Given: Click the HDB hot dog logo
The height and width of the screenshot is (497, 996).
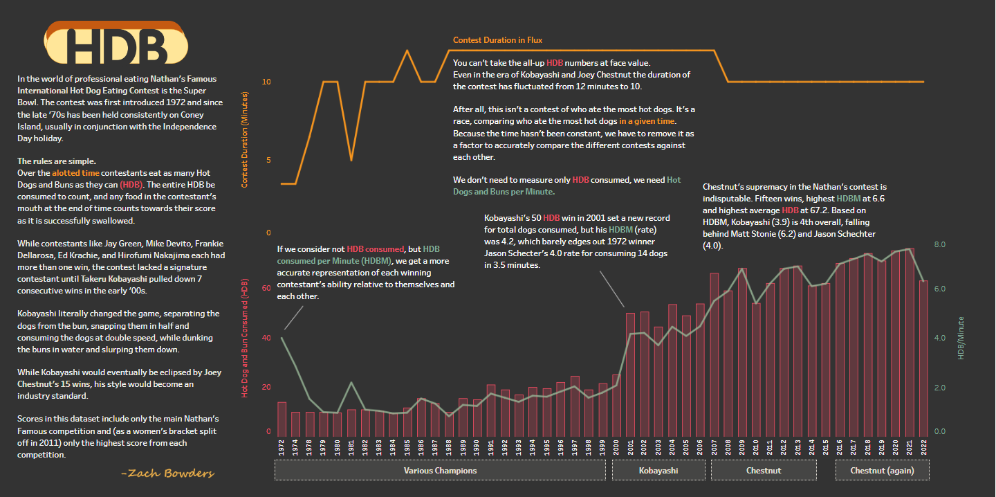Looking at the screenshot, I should click(x=116, y=45).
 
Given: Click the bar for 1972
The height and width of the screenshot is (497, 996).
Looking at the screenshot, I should click(x=282, y=417).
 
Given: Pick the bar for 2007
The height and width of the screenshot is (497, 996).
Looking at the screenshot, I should click(x=714, y=354).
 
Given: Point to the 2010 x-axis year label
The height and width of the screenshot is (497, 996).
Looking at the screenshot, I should click(x=756, y=449).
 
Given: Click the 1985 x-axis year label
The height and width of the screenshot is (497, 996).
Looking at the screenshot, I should click(x=407, y=449).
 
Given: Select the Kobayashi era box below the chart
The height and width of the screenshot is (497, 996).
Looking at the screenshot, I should click(x=658, y=471).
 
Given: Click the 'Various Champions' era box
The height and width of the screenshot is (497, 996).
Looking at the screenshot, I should click(x=440, y=471).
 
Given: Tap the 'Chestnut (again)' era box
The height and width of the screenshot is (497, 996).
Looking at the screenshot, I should click(x=882, y=471).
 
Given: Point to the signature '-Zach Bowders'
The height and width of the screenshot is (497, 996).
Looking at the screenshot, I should click(x=167, y=473).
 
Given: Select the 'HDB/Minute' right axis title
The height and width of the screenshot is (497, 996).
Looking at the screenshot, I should click(x=961, y=338).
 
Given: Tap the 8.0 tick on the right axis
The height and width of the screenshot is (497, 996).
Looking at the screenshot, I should click(x=939, y=245).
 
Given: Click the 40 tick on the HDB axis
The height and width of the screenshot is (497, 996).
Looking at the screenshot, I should click(x=267, y=338).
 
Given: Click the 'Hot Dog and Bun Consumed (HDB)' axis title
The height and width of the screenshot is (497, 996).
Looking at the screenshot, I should click(x=245, y=337).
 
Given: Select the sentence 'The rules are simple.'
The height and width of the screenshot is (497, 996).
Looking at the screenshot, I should click(x=57, y=161).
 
